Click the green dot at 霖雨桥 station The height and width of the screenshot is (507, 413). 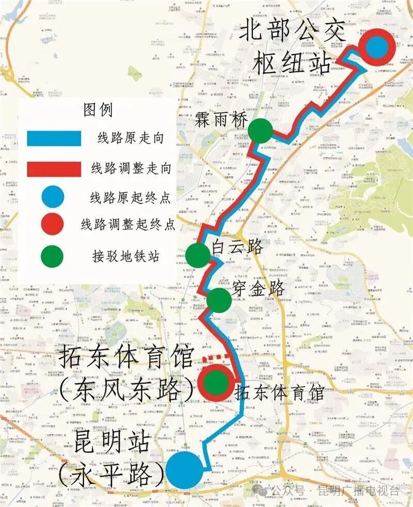pos(260,131)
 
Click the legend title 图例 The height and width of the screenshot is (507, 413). pos(98,109)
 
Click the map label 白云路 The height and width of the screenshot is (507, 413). pos(237,247)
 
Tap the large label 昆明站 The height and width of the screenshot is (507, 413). pos(113,442)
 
